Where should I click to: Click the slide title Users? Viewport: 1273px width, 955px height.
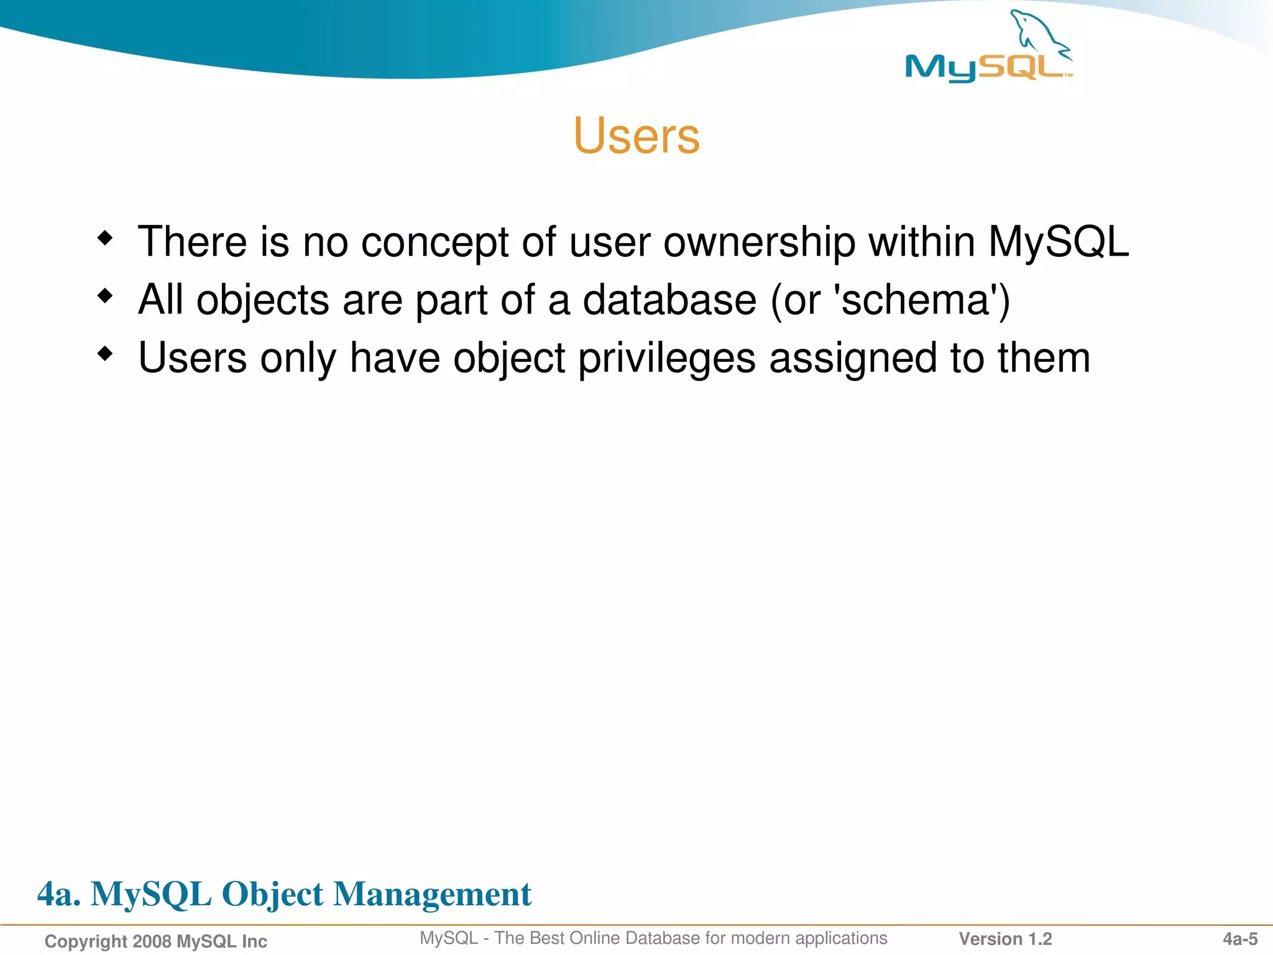pos(636,136)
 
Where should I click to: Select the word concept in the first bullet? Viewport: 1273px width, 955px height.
pos(434,242)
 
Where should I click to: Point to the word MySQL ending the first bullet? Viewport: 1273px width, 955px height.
pos(1059,242)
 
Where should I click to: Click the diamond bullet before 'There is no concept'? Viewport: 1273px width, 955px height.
pos(106,238)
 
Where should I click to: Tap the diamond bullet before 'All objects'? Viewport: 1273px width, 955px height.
pos(106,296)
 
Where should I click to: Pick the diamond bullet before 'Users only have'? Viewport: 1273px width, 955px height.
pos(106,354)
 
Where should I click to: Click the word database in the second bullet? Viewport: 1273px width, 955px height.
pos(669,300)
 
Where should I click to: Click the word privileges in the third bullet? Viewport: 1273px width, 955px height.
pos(667,359)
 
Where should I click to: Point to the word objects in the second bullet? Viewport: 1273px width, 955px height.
pos(262,301)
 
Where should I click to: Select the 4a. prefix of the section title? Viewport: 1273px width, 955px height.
pos(59,894)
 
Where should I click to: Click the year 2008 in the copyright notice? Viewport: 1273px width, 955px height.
pos(152,941)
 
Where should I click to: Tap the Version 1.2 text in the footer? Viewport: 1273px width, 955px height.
pos(1005,939)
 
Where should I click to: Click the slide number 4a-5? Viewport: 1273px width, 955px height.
pos(1240,939)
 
